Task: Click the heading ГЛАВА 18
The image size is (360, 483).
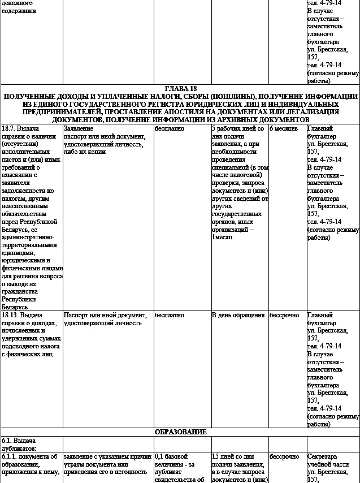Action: [180, 89]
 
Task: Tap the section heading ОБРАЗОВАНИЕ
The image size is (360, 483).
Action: [180, 432]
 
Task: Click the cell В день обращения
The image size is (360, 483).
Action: [238, 315]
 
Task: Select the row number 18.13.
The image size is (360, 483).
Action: [10, 315]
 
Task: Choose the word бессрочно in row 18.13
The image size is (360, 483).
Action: [284, 315]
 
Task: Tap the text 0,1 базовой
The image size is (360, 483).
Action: [175, 456]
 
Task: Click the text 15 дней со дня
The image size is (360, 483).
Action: [233, 456]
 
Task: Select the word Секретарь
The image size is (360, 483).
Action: [323, 456]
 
